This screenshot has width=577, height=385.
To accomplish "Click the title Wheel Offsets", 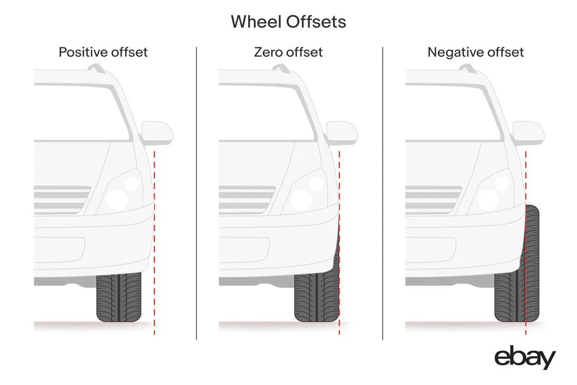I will click(288, 22).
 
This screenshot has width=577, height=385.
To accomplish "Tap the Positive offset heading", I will click(103, 52).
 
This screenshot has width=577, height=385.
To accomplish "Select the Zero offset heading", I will click(288, 52).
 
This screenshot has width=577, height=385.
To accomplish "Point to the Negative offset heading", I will click(476, 52).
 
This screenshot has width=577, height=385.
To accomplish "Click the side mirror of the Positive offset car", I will click(157, 133).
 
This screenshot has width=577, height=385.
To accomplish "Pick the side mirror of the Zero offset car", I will click(342, 133).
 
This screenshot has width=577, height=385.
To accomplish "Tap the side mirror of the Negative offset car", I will click(528, 133).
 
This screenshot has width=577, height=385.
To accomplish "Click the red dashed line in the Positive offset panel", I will click(154, 241).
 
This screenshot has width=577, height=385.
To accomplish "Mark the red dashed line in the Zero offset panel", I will click(339, 192).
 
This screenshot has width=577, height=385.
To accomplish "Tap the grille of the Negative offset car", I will click(433, 200).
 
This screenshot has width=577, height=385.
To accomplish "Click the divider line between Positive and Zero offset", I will click(197, 192).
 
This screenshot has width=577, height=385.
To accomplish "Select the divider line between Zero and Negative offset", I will click(383, 192).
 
